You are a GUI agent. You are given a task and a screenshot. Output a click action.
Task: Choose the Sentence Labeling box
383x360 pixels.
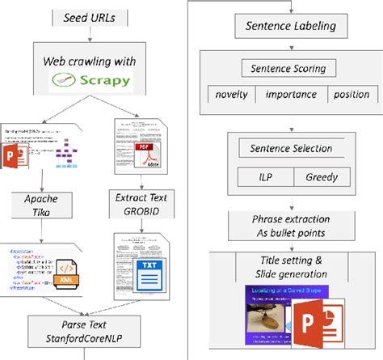coord(290,27)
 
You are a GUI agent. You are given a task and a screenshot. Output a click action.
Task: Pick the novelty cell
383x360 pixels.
coord(231,95)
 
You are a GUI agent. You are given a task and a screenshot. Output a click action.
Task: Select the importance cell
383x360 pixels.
coord(294,95)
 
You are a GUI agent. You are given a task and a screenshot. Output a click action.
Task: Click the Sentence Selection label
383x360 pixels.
coord(291,149)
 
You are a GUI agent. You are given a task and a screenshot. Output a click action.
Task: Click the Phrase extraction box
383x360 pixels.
coord(290,224)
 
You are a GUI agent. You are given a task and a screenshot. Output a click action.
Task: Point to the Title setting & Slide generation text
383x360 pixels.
coord(291,266)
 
